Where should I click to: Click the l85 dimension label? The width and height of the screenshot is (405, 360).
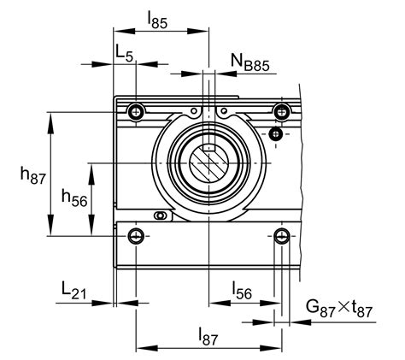click(157, 21)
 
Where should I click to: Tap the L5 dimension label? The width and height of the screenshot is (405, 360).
click(125, 54)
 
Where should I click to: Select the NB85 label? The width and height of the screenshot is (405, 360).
click(249, 62)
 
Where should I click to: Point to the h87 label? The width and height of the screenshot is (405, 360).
click(33, 175)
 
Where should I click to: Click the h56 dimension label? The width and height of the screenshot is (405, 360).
click(74, 198)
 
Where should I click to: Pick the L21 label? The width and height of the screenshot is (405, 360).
click(73, 290)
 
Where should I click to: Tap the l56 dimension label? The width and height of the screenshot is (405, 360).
click(242, 291)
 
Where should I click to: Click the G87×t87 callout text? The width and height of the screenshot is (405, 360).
click(339, 309)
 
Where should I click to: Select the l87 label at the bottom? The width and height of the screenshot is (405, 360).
click(208, 336)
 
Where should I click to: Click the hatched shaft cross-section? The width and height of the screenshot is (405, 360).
click(208, 163)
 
